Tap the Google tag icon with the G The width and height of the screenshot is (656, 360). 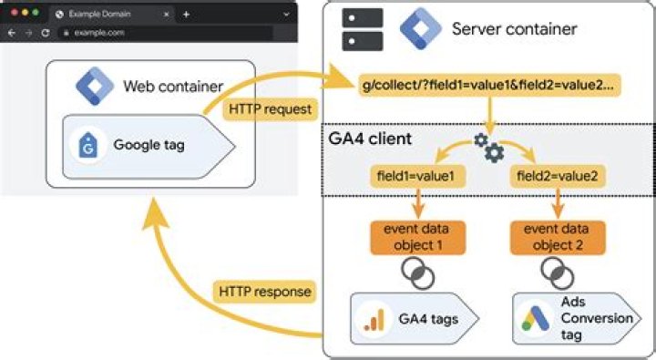(88, 145)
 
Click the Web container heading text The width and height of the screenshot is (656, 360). (173, 87)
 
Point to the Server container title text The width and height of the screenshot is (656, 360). (514, 28)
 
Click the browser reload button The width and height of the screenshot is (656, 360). (45, 32)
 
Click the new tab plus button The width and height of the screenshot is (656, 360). (186, 15)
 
